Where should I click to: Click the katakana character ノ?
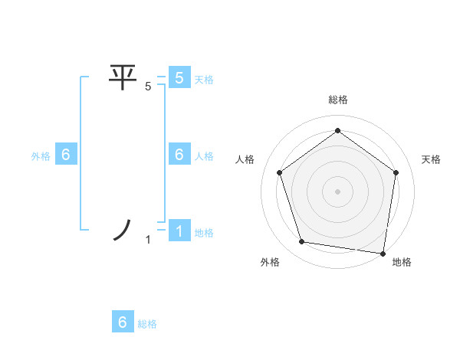pos(123,231)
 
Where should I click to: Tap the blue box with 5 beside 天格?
pos(179,77)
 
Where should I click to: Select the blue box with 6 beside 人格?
pos(179,155)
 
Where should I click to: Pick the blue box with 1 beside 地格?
pos(179,231)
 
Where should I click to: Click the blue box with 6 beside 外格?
pos(66,155)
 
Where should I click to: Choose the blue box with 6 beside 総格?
pos(123,322)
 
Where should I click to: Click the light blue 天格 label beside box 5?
pos(204,79)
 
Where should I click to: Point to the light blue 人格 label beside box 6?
pos(204,156)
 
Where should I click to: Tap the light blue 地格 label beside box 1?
pos(204,233)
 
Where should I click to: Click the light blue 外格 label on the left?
pos(41,156)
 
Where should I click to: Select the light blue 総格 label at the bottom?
pos(147,324)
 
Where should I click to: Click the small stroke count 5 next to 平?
pos(148,87)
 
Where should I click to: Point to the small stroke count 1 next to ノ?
pos(148,241)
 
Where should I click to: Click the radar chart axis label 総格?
pos(338,100)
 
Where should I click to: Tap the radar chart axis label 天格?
pos(431,159)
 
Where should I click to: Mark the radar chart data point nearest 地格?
pos(383,252)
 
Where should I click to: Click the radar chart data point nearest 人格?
pos(279,172)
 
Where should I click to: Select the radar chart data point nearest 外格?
pos(302,242)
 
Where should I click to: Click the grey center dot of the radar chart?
pos(338,191)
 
